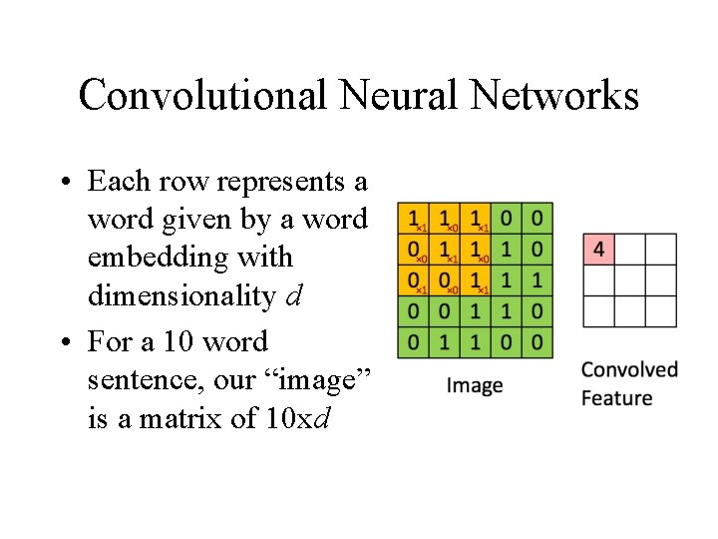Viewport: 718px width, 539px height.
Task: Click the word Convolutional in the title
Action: pyautogui.click(x=202, y=96)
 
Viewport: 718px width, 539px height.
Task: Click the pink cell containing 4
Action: pyautogui.click(x=598, y=250)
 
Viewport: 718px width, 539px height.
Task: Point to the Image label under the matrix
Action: pyautogui.click(x=474, y=385)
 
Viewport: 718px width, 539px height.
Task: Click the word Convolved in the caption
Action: pyautogui.click(x=629, y=370)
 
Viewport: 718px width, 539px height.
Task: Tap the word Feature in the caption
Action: pyautogui.click(x=616, y=398)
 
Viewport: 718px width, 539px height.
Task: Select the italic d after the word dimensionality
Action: pyautogui.click(x=294, y=296)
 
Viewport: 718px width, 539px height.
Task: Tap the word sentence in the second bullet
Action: pyautogui.click(x=135, y=380)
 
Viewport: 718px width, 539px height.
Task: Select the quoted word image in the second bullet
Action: pyautogui.click(x=322, y=380)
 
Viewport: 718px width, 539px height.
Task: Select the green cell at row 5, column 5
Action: pyautogui.click(x=538, y=343)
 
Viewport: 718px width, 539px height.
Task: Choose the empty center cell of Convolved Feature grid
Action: pyautogui.click(x=630, y=280)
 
